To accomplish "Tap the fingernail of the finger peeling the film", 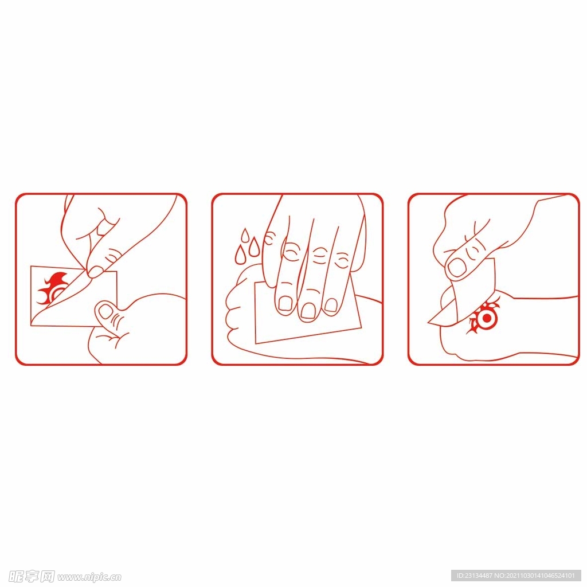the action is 95,271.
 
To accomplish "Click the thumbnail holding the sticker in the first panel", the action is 106,311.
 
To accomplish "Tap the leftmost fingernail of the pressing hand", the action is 285,303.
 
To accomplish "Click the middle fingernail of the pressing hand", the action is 308,311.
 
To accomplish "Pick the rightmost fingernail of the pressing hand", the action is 331,305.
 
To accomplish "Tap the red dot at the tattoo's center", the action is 486,318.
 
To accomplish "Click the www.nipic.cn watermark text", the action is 89,577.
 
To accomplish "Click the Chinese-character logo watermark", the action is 32,577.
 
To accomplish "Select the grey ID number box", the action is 516,576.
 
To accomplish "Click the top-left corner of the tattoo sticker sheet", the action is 31,267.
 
